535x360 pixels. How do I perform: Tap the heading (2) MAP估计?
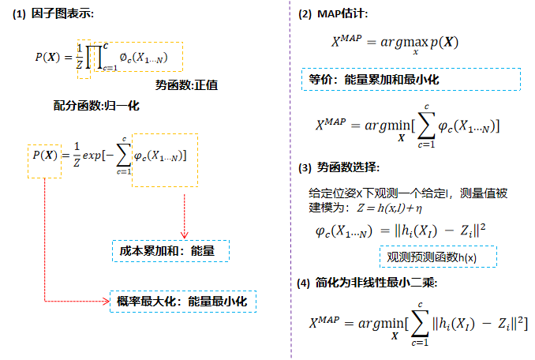pyautogui.click(x=332, y=15)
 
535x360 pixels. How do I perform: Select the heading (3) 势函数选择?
pyautogui.click(x=339, y=168)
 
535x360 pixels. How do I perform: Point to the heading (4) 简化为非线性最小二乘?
pyautogui.click(x=362, y=283)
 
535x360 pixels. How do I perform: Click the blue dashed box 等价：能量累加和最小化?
pyautogui.click(x=410, y=79)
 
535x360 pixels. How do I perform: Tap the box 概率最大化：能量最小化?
pyautogui.click(x=183, y=302)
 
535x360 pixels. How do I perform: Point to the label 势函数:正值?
pyautogui.click(x=187, y=85)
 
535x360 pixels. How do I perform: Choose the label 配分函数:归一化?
pyautogui.click(x=96, y=105)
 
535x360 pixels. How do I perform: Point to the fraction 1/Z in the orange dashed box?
pyautogui.click(x=79, y=55)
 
